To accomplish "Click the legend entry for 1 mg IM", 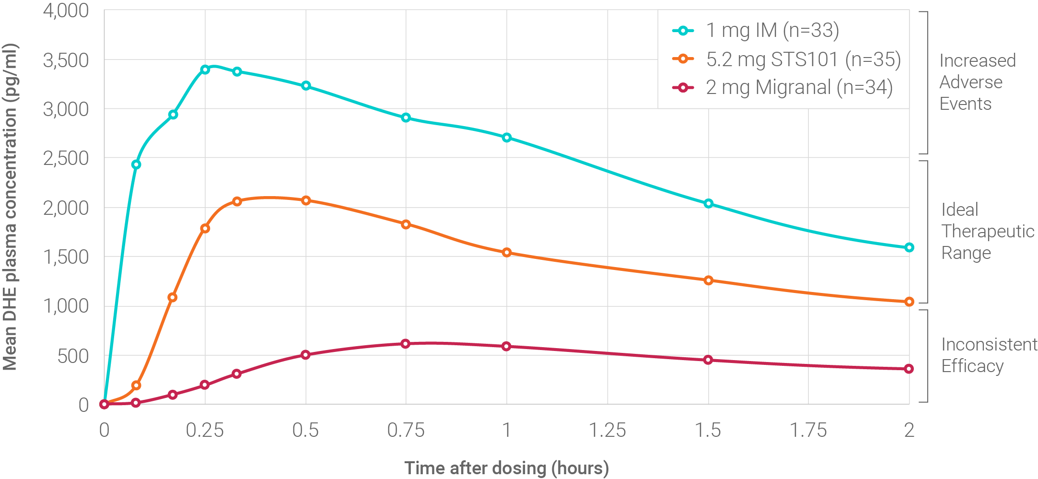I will tap(772, 31).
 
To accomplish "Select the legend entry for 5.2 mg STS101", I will tap(803, 59).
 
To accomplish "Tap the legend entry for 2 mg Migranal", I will tap(799, 88).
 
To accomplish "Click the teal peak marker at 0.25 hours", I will tap(205, 70).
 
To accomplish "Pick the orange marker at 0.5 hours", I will tap(306, 200).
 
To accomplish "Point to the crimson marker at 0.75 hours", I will tap(406, 343).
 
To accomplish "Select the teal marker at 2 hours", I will tap(909, 247).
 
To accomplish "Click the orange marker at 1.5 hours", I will tap(708, 280).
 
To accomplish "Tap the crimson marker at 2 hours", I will tap(909, 369).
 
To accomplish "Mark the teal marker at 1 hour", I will tap(506, 138).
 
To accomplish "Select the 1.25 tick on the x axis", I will tap(607, 430).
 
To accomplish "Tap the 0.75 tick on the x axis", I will tap(406, 430).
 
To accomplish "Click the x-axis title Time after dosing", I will tap(506, 467).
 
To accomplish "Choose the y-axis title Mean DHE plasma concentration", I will tap(11, 207).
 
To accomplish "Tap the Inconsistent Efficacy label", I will tap(988, 355).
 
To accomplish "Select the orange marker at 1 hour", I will tap(506, 252).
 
